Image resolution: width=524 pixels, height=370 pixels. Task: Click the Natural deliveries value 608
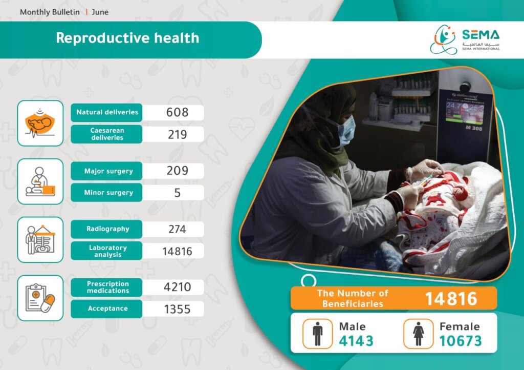click(177, 112)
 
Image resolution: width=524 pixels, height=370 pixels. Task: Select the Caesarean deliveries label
click(107, 134)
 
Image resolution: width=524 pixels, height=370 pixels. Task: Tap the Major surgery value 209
click(177, 171)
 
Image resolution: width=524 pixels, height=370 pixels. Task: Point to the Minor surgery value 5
click(178, 193)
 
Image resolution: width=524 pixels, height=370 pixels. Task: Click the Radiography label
click(107, 229)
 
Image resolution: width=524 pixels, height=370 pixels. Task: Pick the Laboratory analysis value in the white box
click(177, 251)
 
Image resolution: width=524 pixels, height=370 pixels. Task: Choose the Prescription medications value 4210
click(177, 287)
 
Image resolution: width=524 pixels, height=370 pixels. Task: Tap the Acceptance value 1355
click(177, 310)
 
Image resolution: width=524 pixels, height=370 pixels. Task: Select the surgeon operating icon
click(40, 181)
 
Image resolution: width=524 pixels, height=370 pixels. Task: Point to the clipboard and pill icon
click(40, 298)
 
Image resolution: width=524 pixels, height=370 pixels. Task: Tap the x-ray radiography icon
click(40, 240)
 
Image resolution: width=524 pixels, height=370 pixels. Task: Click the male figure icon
click(317, 334)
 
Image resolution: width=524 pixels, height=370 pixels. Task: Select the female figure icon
click(419, 334)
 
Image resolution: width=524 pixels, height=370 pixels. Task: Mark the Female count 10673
click(461, 341)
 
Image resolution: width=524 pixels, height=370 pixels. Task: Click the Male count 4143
click(356, 341)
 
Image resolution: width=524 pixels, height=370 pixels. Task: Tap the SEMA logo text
click(481, 35)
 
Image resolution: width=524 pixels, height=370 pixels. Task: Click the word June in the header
click(100, 12)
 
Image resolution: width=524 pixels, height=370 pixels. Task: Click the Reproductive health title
click(127, 38)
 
